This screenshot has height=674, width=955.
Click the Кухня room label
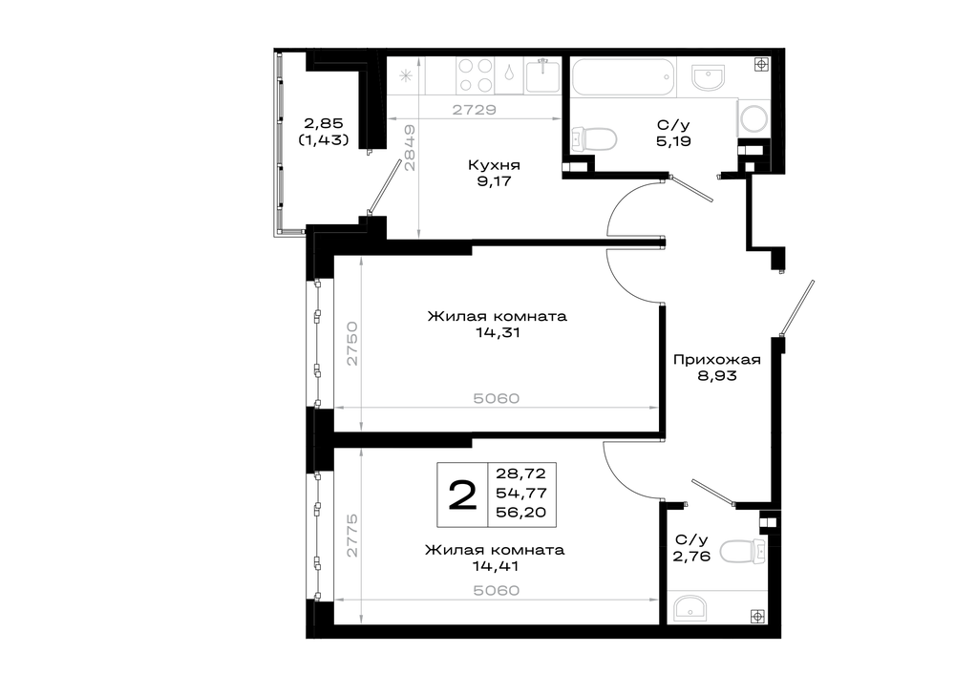pyautogui.click(x=494, y=165)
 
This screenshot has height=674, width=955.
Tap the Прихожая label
pyautogui.click(x=717, y=360)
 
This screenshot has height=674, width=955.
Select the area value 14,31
pyautogui.click(x=499, y=333)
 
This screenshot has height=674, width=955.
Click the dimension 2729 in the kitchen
pyautogui.click(x=475, y=110)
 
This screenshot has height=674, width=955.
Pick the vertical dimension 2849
pyautogui.click(x=410, y=148)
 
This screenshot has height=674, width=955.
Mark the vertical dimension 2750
pyautogui.click(x=352, y=344)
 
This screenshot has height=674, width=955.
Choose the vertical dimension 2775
pyautogui.click(x=352, y=536)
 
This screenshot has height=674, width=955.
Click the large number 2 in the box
pyautogui.click(x=463, y=495)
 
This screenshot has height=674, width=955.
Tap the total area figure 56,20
pyautogui.click(x=521, y=513)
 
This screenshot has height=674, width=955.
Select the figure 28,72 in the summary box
pyautogui.click(x=521, y=474)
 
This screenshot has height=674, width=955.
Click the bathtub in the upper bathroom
pyautogui.click(x=624, y=76)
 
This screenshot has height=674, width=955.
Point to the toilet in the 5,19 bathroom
pyautogui.click(x=594, y=137)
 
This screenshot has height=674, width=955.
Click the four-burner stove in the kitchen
pyautogui.click(x=475, y=75)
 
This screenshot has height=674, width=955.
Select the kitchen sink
pyautogui.click(x=542, y=76)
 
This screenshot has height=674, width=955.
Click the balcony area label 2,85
pyautogui.click(x=324, y=124)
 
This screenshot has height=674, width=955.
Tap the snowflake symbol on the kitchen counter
pyautogui.click(x=406, y=76)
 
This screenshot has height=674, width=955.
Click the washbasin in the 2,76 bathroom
pyautogui.click(x=690, y=608)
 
